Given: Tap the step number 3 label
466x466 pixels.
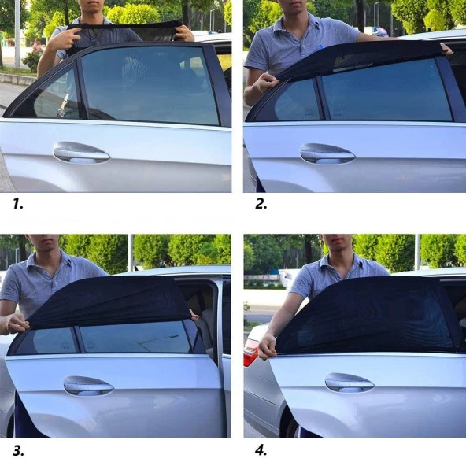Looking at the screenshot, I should point(17,450).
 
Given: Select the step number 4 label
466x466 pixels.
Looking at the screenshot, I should point(261,450).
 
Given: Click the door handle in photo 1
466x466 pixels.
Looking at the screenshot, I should point(81,153).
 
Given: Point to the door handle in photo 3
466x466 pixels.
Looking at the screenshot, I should point(88,386).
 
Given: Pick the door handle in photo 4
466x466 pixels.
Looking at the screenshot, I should point(349,383).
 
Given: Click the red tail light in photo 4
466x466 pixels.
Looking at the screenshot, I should point(250,353).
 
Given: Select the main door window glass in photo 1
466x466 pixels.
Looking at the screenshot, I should point(150,85).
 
